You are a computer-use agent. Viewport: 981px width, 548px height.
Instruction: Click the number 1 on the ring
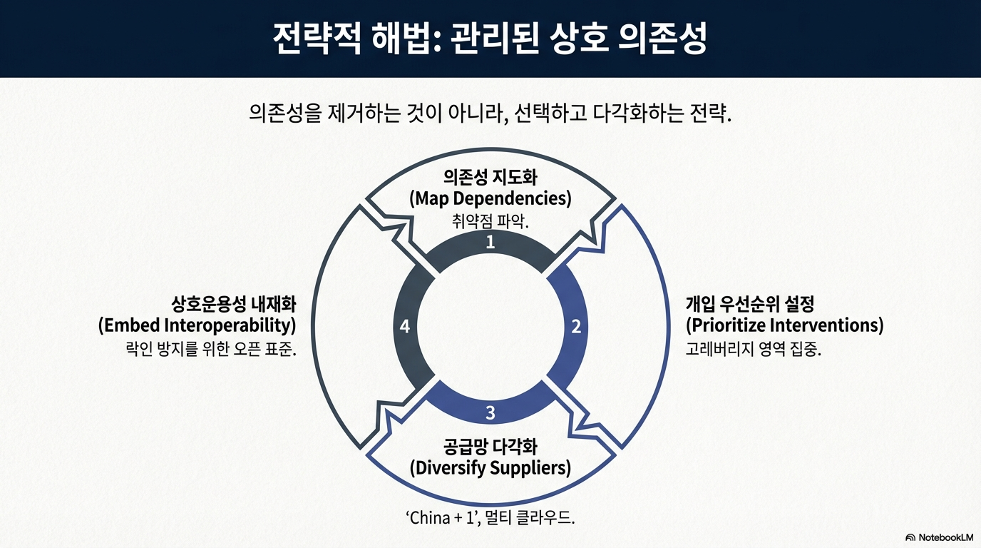490,243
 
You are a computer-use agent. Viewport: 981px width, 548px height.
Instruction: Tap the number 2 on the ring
576,327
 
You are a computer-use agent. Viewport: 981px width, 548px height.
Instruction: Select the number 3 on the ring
490,412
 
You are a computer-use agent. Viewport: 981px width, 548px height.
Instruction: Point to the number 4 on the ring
405,327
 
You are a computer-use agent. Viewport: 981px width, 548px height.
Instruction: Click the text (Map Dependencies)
490,198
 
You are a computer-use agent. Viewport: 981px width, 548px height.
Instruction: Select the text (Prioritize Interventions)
784,325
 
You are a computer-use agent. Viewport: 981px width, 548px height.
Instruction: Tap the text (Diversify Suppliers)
490,468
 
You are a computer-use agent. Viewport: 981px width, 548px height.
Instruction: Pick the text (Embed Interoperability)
197,325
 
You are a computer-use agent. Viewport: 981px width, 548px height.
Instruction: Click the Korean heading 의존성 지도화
490,177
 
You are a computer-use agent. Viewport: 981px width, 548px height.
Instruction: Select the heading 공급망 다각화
490,447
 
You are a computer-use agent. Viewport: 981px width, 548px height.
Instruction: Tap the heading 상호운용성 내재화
233,304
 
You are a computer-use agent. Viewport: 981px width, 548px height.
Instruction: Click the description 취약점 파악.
490,220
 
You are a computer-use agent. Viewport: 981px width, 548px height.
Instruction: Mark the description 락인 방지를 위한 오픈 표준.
210,350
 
